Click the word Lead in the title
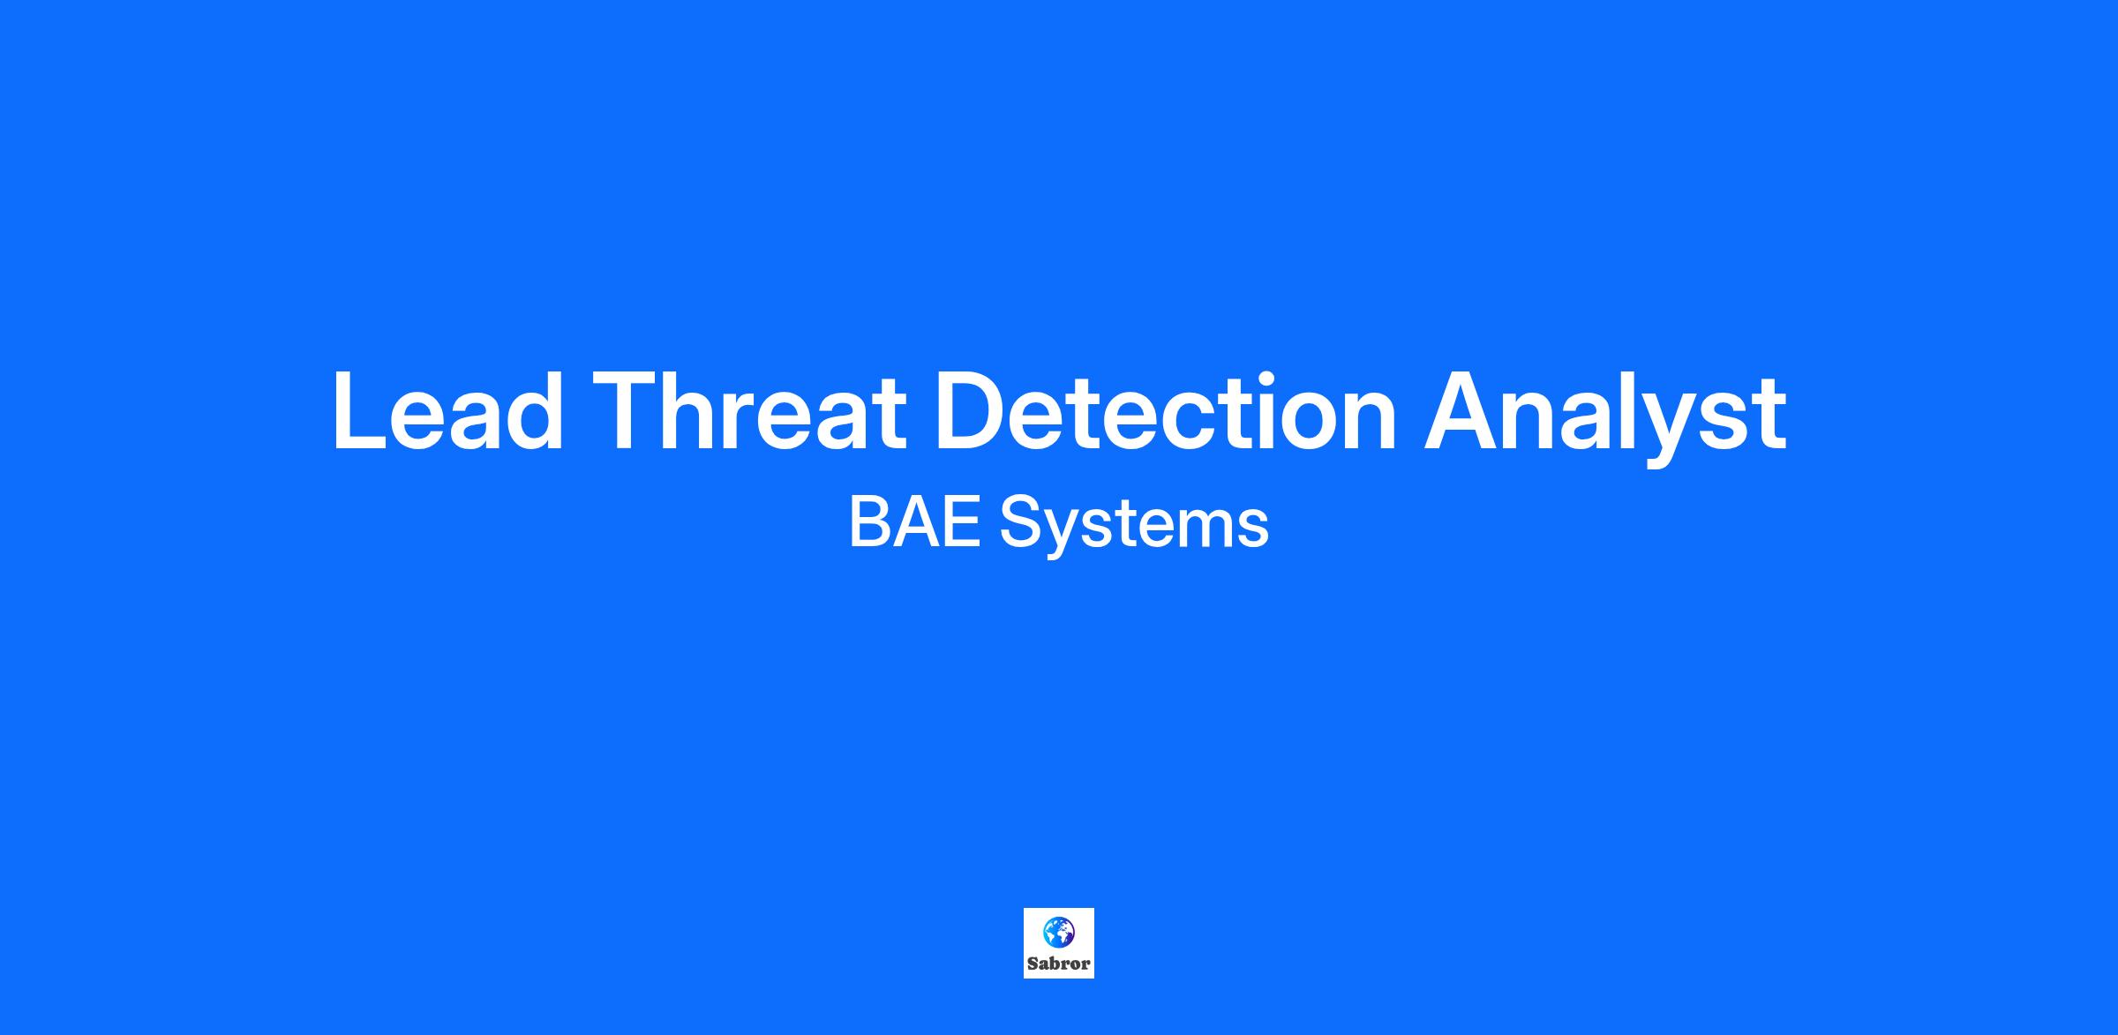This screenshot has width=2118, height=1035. (447, 411)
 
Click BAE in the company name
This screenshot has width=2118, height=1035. (915, 522)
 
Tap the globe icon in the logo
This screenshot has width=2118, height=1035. (1059, 930)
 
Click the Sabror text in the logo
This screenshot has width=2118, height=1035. (1059, 964)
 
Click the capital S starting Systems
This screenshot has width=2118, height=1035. (1020, 522)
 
